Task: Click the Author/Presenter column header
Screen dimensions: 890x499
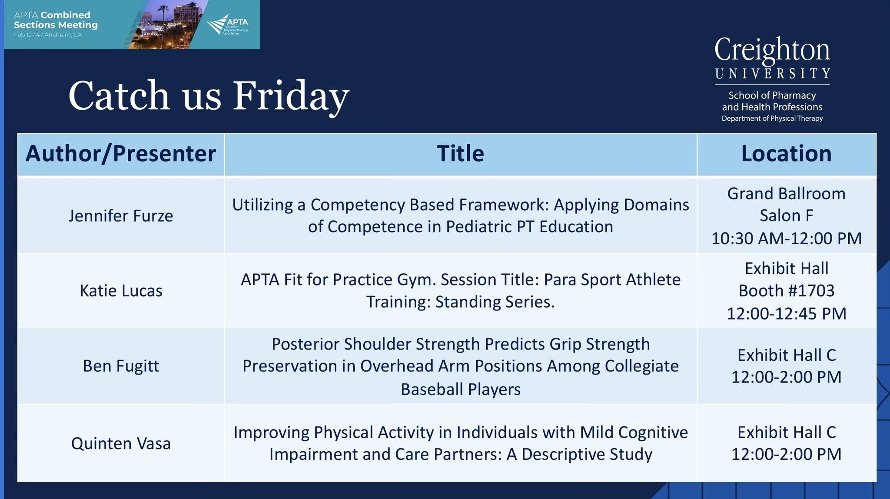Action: click(120, 154)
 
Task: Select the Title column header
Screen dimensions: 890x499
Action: click(460, 153)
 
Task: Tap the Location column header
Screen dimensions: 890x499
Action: click(786, 153)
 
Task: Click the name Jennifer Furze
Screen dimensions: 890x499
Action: click(121, 216)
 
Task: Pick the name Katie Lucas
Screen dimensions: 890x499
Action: click(121, 291)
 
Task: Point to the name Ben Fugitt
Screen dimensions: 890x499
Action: click(121, 366)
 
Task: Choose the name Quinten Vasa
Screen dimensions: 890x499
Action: click(121, 443)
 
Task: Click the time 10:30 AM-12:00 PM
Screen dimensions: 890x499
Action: click(786, 238)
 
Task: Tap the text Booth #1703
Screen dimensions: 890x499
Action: click(787, 291)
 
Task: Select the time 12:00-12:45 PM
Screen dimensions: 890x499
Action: click(787, 314)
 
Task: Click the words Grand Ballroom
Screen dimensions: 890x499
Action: click(786, 194)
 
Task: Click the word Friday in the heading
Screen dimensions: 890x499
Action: click(291, 96)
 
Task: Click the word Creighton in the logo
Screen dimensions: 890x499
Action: click(772, 50)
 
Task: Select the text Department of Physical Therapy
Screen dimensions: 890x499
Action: click(772, 119)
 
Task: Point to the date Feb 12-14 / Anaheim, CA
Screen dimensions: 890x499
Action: click(48, 35)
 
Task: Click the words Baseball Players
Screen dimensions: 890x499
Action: click(460, 390)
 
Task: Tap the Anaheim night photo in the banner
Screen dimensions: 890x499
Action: click(167, 24)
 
